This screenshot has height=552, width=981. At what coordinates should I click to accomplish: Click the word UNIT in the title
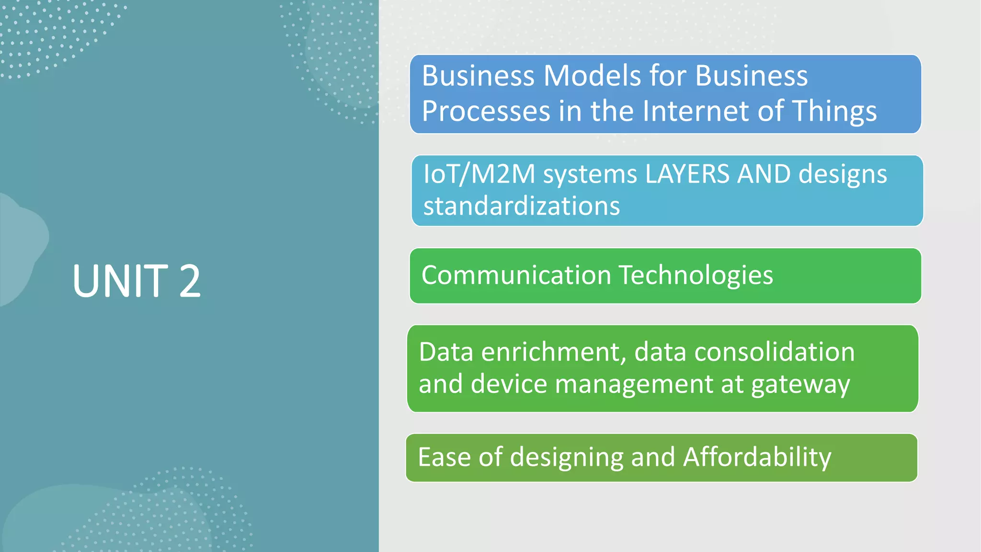[x=120, y=281]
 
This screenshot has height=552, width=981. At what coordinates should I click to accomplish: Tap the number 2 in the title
[x=190, y=281]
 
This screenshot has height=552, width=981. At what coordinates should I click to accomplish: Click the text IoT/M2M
[x=479, y=174]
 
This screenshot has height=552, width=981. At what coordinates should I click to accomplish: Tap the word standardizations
[x=522, y=206]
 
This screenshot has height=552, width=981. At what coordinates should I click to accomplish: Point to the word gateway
[x=800, y=385]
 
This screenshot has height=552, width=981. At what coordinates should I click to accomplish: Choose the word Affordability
[x=757, y=457]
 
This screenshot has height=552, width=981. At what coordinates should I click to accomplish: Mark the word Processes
[x=486, y=111]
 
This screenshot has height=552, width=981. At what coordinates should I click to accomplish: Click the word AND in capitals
[x=764, y=174]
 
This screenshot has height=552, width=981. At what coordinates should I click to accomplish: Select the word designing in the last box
[x=567, y=458]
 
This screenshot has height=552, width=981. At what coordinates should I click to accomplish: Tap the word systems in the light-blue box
[x=590, y=175]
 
